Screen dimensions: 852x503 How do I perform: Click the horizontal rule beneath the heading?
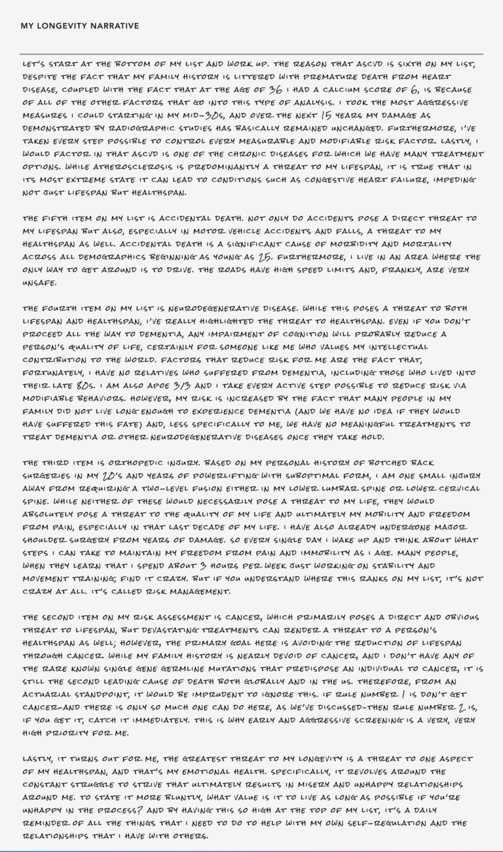pos(251,54)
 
